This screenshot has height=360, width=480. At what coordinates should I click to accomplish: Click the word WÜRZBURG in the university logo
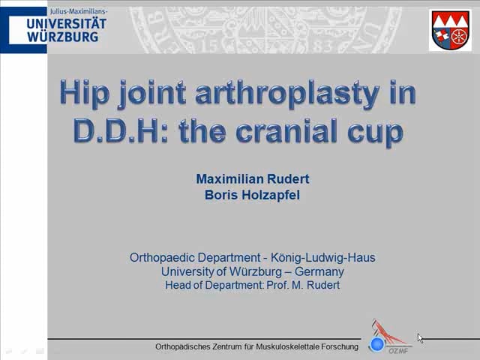coord(62,36)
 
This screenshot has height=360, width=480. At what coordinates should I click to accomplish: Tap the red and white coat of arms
coord(450,30)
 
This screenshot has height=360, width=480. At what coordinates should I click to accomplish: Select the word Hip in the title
coord(85,94)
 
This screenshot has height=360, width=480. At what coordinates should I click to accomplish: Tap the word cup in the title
coord(379,132)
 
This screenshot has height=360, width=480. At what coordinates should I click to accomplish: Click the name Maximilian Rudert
coord(252,178)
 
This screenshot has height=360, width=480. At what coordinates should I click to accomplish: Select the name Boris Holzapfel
coord(252,195)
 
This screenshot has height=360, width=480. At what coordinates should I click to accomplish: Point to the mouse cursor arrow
coord(420,337)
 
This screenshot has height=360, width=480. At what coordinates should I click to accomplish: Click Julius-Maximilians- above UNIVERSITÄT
coord(79,12)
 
